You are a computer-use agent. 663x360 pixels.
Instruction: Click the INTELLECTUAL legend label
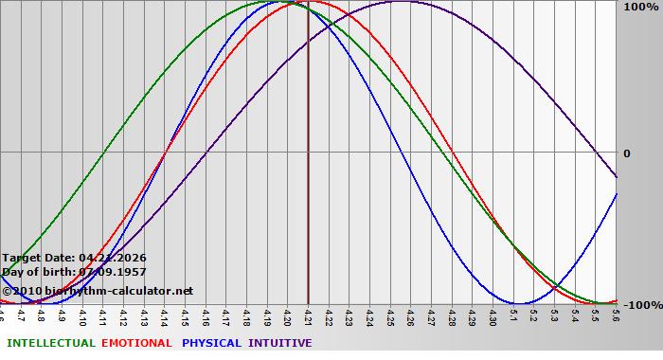50,343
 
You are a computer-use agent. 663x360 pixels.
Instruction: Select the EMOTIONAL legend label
136,343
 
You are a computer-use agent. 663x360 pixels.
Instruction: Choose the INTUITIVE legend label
280,343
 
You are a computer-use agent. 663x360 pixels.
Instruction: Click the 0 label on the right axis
626,153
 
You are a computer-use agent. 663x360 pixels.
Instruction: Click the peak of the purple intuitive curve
401,2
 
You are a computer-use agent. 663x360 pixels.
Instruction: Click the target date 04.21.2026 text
113,258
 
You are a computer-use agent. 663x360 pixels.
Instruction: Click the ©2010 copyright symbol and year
20,291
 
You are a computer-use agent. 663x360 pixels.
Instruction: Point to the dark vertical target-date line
308,189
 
